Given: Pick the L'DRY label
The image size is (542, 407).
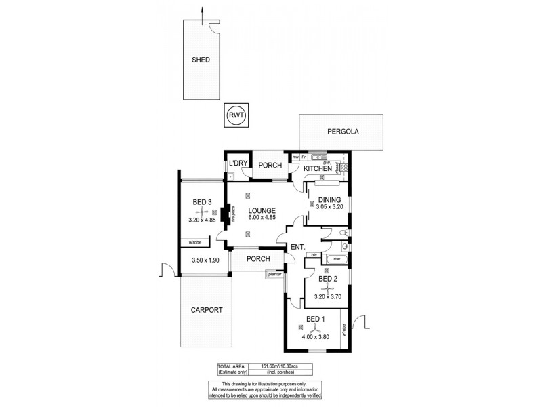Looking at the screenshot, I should point(236,163).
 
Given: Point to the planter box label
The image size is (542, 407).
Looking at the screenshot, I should point(274,275).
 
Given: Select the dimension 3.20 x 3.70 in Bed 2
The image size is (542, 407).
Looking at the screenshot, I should point(329,296).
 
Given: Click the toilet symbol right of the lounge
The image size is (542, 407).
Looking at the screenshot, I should point(345,234).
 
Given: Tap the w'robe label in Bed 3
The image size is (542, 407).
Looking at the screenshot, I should point(196,242).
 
